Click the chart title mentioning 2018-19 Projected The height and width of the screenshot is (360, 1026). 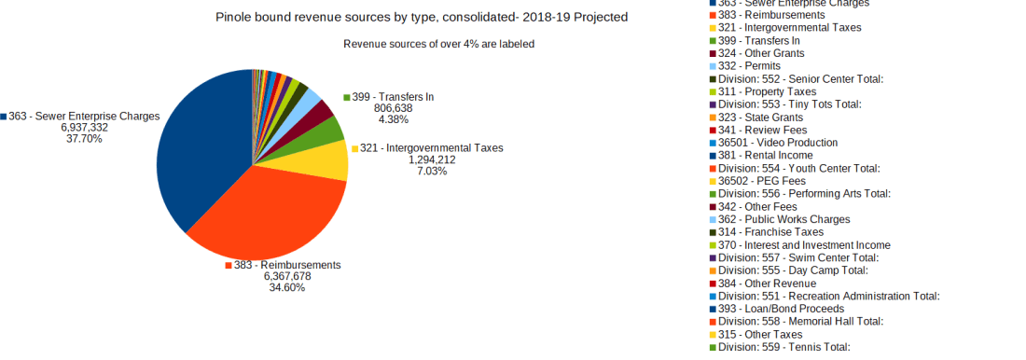422,17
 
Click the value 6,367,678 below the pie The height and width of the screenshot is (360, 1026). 286,276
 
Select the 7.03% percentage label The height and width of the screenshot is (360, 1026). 433,171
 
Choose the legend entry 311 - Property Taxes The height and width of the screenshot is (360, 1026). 768,91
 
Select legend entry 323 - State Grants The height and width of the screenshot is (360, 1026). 760,118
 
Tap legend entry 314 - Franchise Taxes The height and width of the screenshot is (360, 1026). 770,231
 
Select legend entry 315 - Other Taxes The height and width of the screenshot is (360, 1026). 760,334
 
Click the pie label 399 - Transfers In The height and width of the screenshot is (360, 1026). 393,97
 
